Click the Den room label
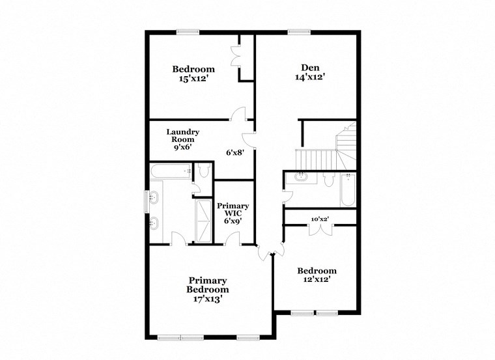point(309,67)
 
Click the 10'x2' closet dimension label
point(319,219)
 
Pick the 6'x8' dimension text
point(234,153)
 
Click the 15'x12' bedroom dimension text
point(193,79)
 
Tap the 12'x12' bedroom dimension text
point(317,280)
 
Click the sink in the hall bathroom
point(302,176)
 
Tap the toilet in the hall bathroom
point(328,178)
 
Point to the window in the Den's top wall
point(299,31)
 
